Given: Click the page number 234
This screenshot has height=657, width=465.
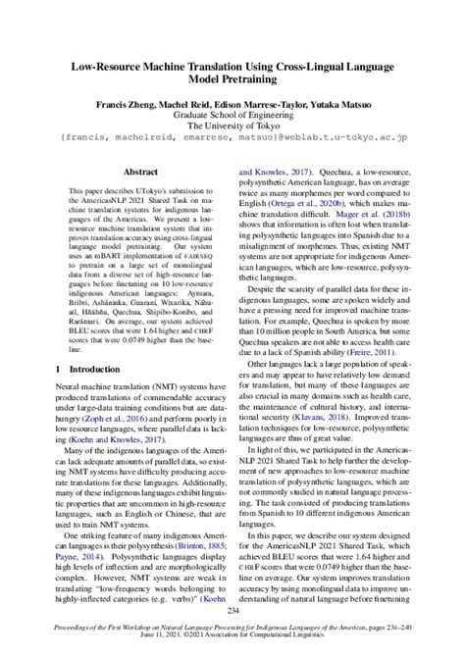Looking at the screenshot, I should click(x=232, y=611).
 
